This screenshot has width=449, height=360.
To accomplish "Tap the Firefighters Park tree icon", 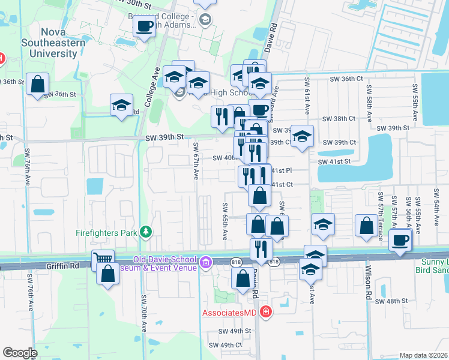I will click(145, 232).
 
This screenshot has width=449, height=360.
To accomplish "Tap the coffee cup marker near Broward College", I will click(144, 26).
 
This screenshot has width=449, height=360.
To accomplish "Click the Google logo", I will click(20, 353).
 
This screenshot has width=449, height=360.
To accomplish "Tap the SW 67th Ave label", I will click(196, 161).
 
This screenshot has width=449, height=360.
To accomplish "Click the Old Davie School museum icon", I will click(206, 262).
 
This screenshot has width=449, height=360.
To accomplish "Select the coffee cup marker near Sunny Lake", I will click(400, 241).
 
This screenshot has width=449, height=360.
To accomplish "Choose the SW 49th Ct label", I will click(225, 345).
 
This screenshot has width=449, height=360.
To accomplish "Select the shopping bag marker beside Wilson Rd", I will click(366, 226).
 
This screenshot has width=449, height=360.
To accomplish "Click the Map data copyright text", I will click(424, 355).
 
